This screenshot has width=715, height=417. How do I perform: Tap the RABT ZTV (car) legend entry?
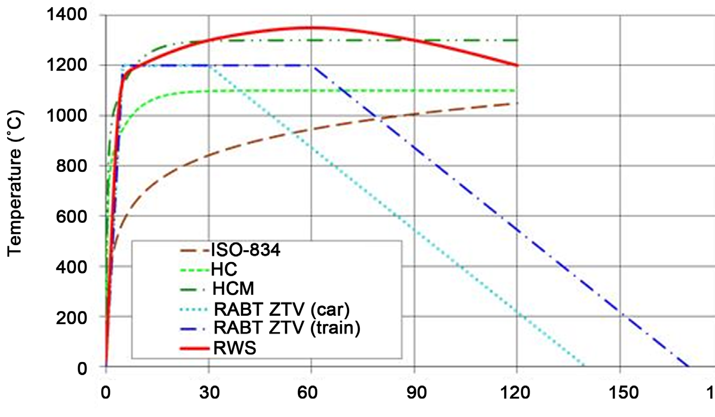click(x=281, y=309)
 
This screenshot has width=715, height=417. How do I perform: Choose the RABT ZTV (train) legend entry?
click(x=288, y=328)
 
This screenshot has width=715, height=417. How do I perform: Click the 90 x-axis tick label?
click(x=414, y=391)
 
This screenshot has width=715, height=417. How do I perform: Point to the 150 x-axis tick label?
click(x=620, y=391)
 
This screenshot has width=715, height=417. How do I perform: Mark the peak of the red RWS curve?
click(x=311, y=27)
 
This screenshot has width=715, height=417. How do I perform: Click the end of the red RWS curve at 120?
click(x=517, y=65)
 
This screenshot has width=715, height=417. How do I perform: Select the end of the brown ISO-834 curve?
click(x=517, y=103)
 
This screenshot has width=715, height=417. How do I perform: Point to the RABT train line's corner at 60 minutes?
click(x=312, y=65)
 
